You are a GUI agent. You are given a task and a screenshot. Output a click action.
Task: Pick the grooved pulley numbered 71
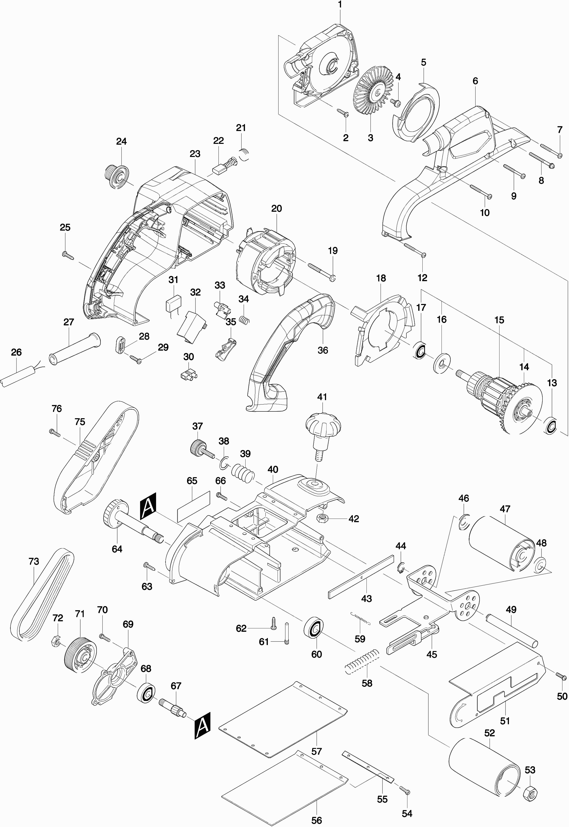[x=81, y=655]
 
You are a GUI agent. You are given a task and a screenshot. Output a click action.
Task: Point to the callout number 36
[x=323, y=350]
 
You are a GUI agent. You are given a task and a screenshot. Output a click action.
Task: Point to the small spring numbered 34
[x=244, y=320]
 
